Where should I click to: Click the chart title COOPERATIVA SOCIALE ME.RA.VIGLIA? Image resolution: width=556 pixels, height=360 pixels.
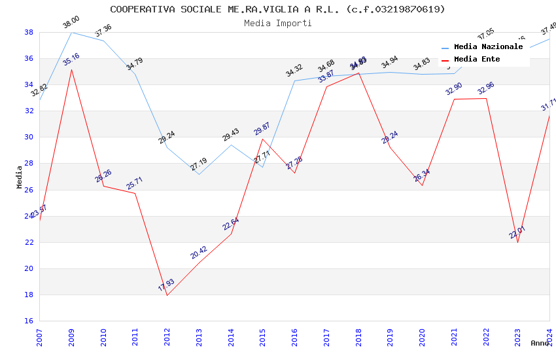pyautogui.click(x=277, y=9)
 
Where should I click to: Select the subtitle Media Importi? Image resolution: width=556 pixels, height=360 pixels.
pyautogui.click(x=277, y=23)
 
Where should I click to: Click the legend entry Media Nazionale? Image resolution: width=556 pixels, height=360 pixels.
pyautogui.click(x=488, y=46)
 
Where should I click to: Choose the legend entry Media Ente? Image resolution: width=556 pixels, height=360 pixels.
pyautogui.click(x=477, y=59)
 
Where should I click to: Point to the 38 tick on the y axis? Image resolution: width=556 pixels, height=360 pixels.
pyautogui.click(x=29, y=32)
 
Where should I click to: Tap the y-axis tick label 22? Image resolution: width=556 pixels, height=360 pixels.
pyautogui.click(x=29, y=242)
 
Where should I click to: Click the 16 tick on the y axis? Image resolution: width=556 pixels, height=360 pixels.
pyautogui.click(x=29, y=321)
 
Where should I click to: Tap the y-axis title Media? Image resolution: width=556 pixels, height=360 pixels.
pyautogui.click(x=20, y=177)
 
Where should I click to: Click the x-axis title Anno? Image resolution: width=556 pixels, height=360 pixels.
pyautogui.click(x=540, y=343)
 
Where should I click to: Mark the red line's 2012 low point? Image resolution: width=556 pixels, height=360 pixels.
pyautogui.click(x=167, y=295)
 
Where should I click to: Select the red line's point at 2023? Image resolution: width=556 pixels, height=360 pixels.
pyautogui.click(x=517, y=242)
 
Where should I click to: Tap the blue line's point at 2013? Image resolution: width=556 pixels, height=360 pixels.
pyautogui.click(x=199, y=174)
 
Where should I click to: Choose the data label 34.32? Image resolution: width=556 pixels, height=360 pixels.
pyautogui.click(x=294, y=70)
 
